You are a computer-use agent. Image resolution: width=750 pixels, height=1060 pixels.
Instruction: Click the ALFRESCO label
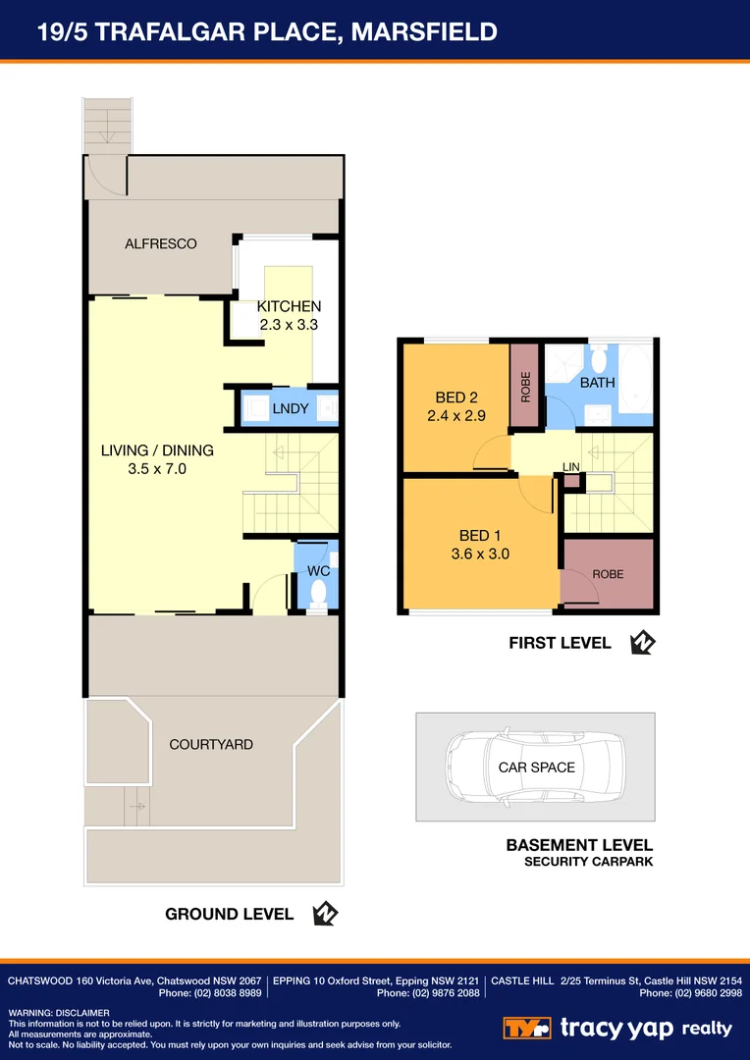click(x=161, y=243)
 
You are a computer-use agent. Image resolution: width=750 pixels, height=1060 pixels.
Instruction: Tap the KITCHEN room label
click(x=289, y=306)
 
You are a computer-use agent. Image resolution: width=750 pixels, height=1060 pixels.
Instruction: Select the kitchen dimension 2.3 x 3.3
click(x=289, y=324)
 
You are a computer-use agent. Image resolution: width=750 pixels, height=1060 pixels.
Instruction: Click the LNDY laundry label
click(x=291, y=408)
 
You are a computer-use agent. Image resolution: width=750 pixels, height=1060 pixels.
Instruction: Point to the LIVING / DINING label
click(x=157, y=450)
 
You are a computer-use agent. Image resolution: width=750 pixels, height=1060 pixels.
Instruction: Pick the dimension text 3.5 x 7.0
click(x=157, y=469)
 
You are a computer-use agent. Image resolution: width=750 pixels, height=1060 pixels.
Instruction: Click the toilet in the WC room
click(x=317, y=593)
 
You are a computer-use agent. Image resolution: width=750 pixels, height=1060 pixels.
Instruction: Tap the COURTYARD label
click(x=211, y=744)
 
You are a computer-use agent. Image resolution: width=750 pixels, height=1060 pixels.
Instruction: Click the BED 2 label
click(x=456, y=397)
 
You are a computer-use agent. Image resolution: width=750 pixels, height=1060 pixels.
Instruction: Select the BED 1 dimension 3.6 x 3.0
click(x=481, y=554)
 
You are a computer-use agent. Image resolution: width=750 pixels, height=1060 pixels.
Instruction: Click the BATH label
click(x=597, y=382)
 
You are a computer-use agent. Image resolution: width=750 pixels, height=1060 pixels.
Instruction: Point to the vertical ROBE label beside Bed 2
click(x=525, y=386)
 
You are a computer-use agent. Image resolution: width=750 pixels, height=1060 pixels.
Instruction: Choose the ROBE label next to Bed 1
click(x=608, y=574)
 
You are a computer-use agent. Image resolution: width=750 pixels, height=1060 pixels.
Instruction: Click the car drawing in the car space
click(x=535, y=768)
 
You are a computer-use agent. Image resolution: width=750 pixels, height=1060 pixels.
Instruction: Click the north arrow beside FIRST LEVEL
click(x=643, y=643)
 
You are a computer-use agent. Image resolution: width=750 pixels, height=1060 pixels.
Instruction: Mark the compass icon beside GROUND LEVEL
click(x=325, y=914)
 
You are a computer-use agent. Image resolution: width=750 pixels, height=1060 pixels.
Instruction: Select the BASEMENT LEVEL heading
click(x=579, y=845)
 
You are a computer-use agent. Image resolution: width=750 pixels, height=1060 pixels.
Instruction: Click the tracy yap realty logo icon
click(x=528, y=1028)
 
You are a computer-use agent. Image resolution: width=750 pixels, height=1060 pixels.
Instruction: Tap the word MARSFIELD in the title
click(x=425, y=32)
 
